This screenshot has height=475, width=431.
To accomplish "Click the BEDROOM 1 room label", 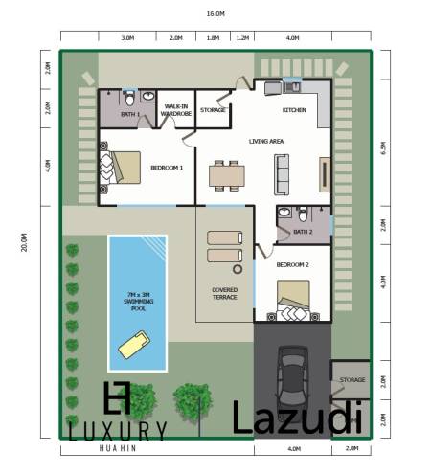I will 167,168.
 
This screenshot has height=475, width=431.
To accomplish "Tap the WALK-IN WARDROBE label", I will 176,110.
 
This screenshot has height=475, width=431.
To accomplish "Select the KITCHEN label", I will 294,110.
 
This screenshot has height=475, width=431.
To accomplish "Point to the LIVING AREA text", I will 265,142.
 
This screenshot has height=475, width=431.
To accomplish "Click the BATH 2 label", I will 303,232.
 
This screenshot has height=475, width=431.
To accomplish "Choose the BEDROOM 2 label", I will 292,263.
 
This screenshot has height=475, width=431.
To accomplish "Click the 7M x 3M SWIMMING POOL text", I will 131,301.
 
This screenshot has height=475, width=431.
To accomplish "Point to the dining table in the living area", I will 227,174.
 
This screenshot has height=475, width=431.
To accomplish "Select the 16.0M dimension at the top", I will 215,14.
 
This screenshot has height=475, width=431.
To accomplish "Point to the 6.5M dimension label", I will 384,148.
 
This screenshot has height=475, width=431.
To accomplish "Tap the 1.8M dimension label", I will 214,38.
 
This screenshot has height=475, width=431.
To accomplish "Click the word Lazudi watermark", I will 298,418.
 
